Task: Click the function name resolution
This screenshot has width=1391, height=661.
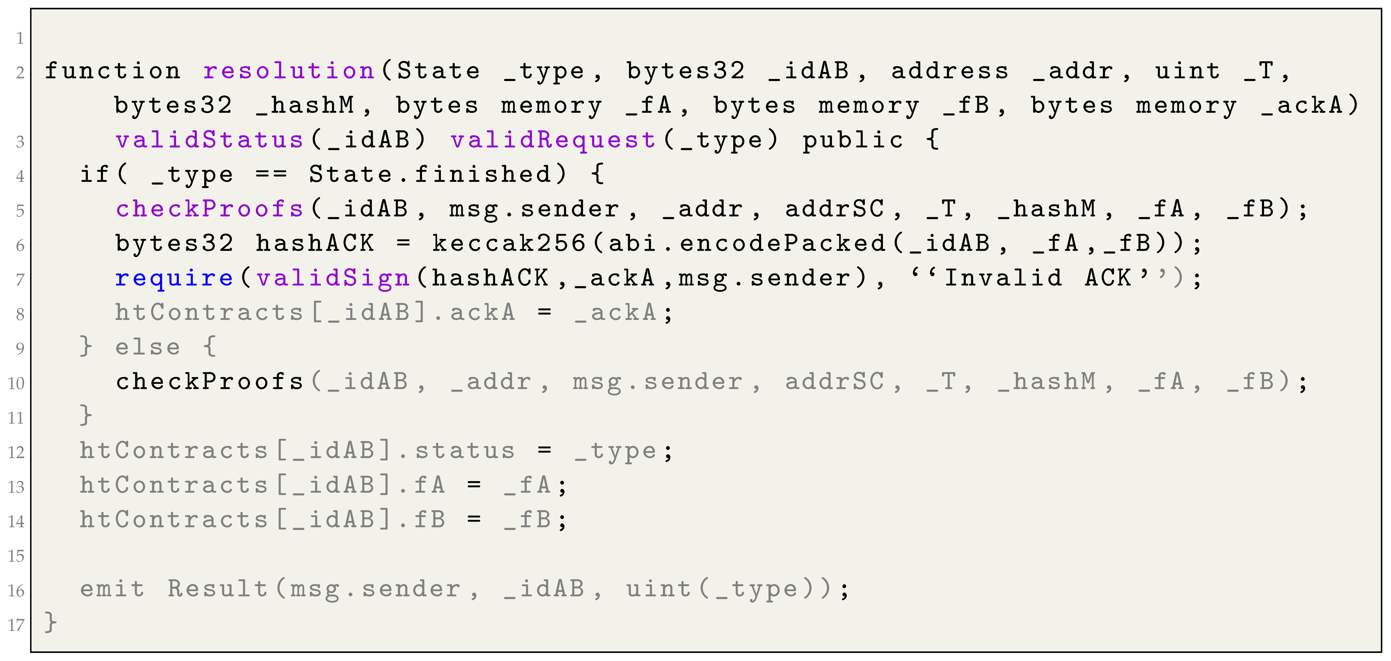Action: pos(289,71)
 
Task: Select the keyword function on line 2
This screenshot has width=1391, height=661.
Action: pos(112,71)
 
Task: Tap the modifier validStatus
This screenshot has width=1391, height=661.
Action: pos(210,140)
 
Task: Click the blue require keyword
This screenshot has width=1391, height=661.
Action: pos(174,278)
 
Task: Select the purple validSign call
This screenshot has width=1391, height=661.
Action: pos(333,278)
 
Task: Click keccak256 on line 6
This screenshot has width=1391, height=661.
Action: pos(509,243)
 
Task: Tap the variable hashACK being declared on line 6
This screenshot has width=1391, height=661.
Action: pos(315,243)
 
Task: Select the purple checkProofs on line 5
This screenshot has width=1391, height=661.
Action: pos(210,209)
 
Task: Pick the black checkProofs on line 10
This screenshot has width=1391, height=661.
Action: pos(210,382)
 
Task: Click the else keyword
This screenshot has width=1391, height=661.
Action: pos(147,347)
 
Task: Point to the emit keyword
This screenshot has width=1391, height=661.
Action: pos(112,589)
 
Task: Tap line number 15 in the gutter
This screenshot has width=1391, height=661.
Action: pos(16,556)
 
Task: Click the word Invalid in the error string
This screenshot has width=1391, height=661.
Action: pos(1003,278)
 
